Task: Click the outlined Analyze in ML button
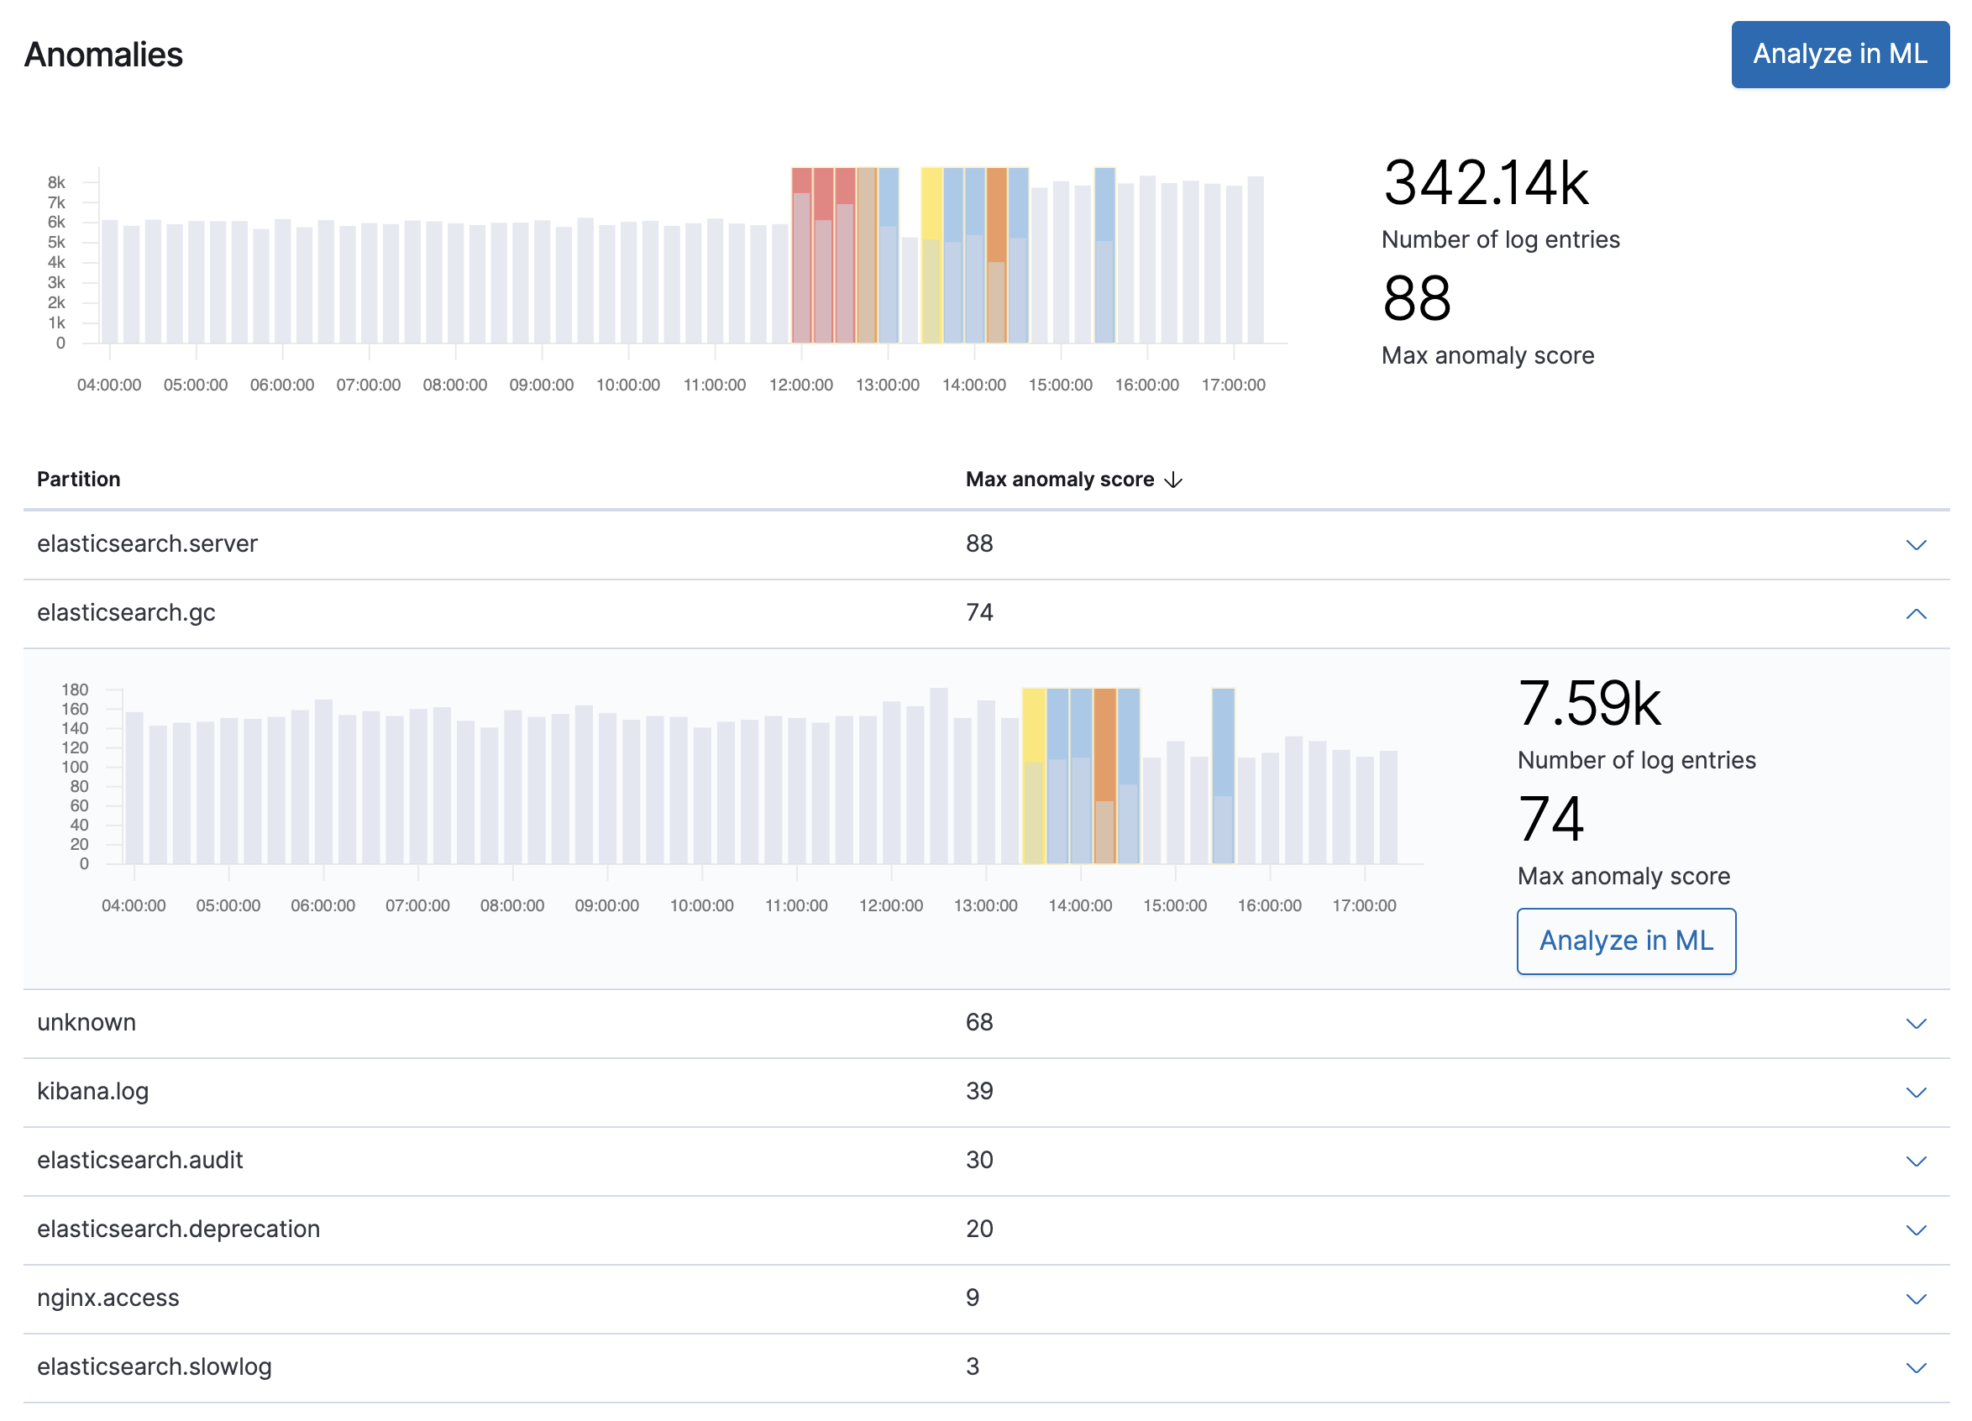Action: tap(1625, 940)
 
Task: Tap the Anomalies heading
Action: tap(103, 55)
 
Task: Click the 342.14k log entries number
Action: tap(1484, 183)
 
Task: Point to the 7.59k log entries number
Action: tap(1587, 704)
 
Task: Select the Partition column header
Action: tap(78, 480)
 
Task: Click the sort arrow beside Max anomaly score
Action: tap(1173, 480)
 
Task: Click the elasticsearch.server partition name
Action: tap(147, 543)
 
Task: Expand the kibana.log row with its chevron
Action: tap(1916, 1093)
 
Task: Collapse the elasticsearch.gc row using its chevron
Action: tap(1916, 614)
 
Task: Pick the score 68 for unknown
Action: tap(979, 1022)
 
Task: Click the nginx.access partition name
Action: tap(108, 1298)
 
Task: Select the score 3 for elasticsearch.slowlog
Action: tap(972, 1366)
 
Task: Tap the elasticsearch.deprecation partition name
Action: tap(178, 1229)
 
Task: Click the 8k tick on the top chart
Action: tap(56, 182)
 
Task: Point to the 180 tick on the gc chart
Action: tap(75, 690)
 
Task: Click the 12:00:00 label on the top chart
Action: tap(800, 385)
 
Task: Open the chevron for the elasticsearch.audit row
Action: tap(1916, 1161)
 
